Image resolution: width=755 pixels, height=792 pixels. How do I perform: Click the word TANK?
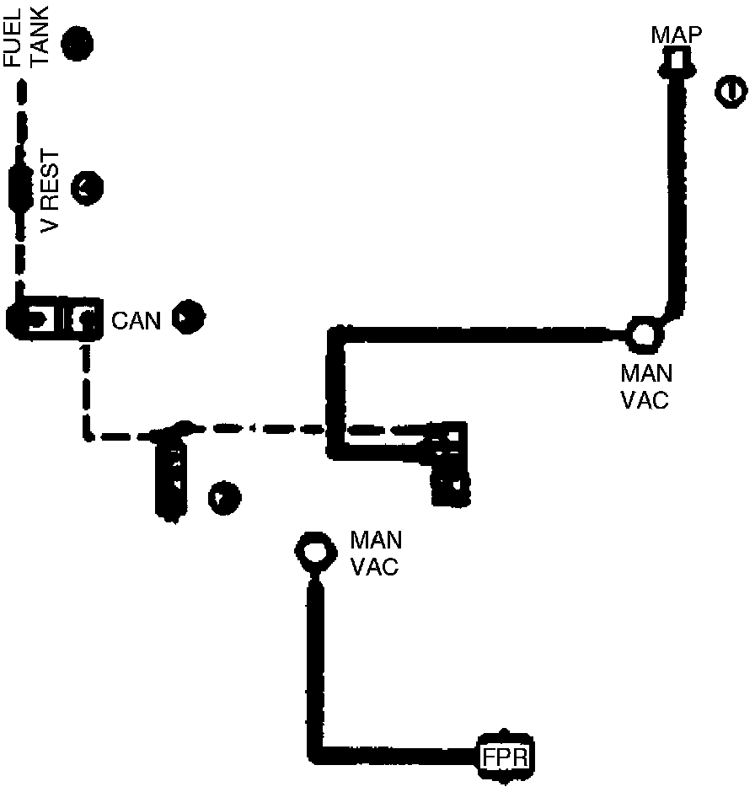point(40,38)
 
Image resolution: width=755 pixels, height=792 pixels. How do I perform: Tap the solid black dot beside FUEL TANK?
point(78,42)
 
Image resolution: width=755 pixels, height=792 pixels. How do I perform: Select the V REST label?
point(50,191)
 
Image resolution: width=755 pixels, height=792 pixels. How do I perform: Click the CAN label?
point(136,320)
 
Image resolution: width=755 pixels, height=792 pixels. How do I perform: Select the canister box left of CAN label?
point(54,318)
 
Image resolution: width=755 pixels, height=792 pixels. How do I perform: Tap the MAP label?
point(677,35)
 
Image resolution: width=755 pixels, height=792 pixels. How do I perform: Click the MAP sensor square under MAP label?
point(676,62)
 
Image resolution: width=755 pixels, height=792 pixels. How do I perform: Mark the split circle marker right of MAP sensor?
point(729,90)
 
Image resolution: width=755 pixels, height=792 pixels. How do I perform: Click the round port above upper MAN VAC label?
point(645,334)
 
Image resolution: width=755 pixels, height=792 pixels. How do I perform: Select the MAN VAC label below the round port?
point(645,386)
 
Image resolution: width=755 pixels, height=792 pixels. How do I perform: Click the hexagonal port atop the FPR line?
point(313,551)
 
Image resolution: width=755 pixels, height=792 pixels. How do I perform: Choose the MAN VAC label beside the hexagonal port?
point(375,553)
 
